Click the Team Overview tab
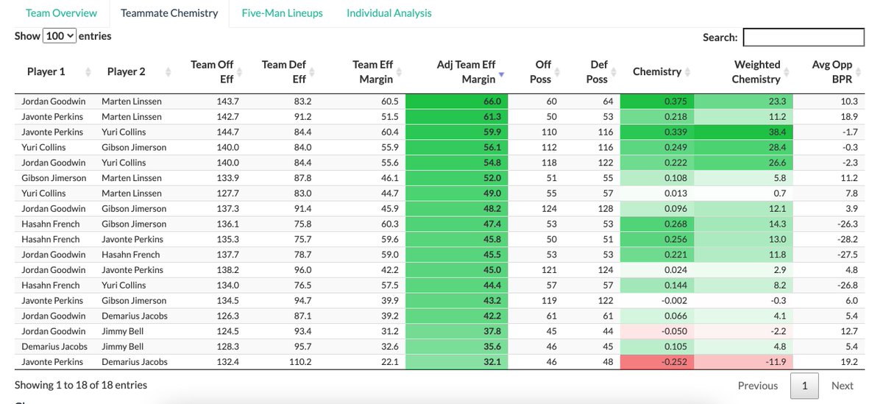[61, 13]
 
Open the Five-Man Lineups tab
[283, 13]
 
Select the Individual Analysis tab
[389, 13]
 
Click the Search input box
[804, 37]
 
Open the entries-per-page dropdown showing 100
[60, 36]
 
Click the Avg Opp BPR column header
[831, 71]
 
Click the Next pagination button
[843, 386]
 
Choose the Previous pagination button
[757, 386]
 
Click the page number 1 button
[804, 386]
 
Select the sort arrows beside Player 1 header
[88, 72]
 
